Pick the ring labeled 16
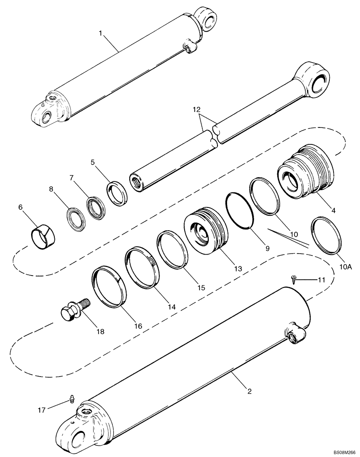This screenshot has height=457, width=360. (x=109, y=288)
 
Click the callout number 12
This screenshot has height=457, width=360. (x=196, y=111)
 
